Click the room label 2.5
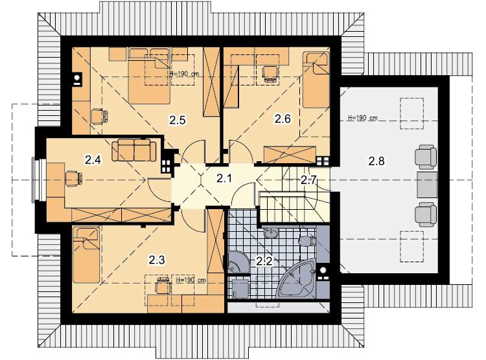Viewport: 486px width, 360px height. point(178,120)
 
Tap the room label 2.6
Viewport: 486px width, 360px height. point(283,118)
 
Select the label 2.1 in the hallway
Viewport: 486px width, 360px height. point(224,179)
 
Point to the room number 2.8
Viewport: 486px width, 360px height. point(376,161)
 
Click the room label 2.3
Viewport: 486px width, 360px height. point(157,260)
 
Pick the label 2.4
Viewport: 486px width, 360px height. point(93,160)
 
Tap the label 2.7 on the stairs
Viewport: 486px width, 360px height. point(308,180)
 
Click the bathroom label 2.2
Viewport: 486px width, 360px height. point(264,261)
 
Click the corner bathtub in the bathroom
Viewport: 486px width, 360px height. point(297,278)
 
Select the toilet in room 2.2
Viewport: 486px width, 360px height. point(307,241)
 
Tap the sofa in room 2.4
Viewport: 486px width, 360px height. point(134,150)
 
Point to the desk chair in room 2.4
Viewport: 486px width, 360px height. point(74,179)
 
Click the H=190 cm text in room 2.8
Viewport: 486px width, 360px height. point(362,118)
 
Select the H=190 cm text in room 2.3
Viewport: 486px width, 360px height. point(191,280)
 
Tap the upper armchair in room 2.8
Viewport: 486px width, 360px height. point(426,157)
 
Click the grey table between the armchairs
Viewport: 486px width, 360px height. point(427,185)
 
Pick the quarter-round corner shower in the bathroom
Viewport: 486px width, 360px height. point(237,262)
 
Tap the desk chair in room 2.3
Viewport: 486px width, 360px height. point(163,286)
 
